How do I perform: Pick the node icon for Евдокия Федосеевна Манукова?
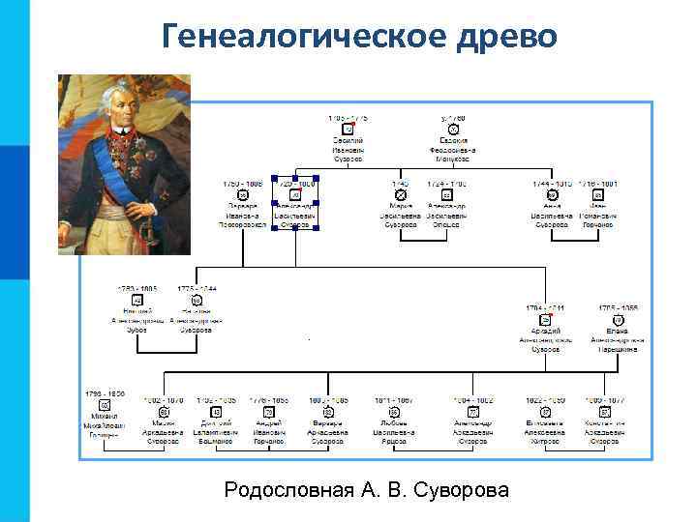(453, 129)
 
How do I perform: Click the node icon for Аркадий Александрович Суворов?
(545, 319)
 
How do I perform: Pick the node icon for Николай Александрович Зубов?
(136, 300)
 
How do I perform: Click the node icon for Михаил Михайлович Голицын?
(104, 405)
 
